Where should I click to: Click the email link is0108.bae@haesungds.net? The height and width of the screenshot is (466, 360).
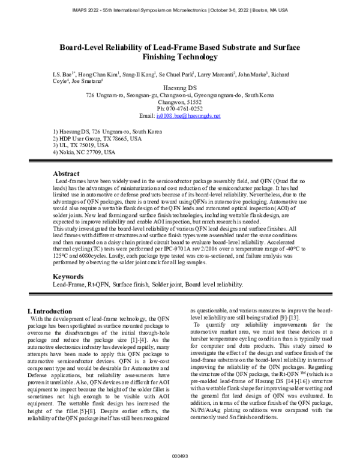188,115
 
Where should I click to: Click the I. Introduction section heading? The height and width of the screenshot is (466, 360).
51,310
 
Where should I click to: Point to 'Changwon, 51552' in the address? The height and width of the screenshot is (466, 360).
180,102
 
